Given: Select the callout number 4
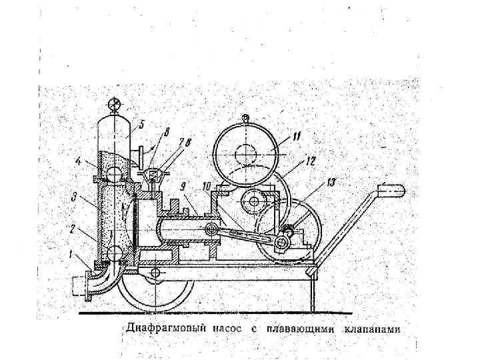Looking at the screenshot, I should [79, 161].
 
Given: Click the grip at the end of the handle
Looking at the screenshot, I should [393, 191].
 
